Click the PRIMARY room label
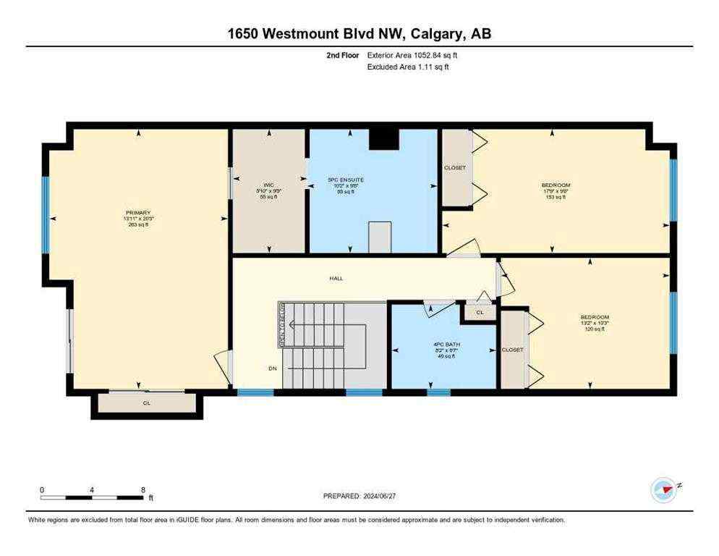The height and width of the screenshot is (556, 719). point(137,213)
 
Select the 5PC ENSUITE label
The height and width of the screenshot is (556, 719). point(345,179)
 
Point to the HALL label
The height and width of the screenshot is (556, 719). point(336,278)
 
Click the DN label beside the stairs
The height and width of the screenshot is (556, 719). point(273,368)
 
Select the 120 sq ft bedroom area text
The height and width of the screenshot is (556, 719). point(595,329)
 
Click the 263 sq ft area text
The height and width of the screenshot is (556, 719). point(137,225)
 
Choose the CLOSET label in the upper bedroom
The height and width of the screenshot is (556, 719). point(455,168)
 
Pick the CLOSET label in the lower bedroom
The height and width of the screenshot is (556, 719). point(512,350)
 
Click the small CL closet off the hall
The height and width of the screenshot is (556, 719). point(478,313)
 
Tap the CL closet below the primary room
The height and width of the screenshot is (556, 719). point(146,403)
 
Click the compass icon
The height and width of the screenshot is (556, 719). point(663,490)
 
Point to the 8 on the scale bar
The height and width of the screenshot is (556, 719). point(143,490)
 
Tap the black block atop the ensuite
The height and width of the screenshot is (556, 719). point(383,139)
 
